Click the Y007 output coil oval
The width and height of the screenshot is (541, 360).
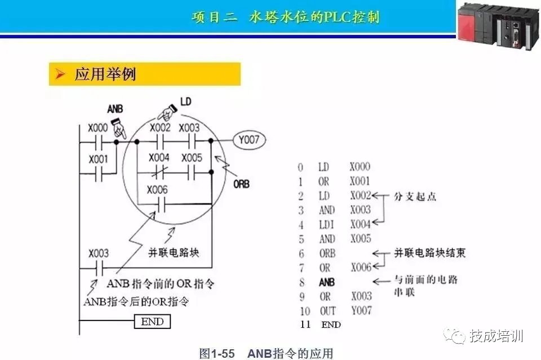(x=249, y=140)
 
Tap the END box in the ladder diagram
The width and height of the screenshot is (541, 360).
(x=152, y=321)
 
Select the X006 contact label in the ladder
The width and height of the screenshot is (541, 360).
(x=157, y=190)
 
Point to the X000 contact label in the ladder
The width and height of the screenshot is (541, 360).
(x=98, y=128)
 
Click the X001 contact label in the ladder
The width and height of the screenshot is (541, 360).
(x=98, y=159)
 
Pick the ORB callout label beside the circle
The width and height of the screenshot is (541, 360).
(x=241, y=184)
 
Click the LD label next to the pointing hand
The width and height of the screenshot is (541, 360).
(x=185, y=101)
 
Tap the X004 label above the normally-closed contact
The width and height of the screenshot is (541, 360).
(x=159, y=158)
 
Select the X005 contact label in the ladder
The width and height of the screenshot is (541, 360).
(x=192, y=158)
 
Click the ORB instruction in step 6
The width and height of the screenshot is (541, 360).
(x=327, y=254)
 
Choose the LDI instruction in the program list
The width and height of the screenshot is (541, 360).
(x=326, y=224)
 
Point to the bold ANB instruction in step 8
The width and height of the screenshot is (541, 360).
(x=327, y=282)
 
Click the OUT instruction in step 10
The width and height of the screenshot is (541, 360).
(x=327, y=311)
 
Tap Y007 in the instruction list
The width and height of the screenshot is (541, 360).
(x=362, y=310)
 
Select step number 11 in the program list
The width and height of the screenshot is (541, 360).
(x=305, y=325)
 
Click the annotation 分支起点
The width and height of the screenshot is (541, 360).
(x=415, y=197)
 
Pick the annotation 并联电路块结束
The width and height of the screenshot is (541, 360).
(x=430, y=253)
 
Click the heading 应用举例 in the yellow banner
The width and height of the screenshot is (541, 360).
(x=105, y=74)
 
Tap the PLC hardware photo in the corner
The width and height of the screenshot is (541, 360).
(x=499, y=25)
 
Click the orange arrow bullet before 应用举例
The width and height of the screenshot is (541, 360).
(x=60, y=74)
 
